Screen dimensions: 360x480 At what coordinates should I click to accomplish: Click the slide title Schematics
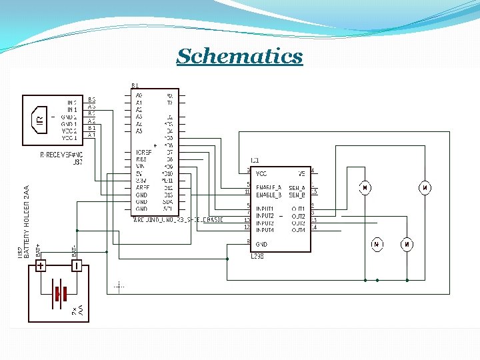coord(239,56)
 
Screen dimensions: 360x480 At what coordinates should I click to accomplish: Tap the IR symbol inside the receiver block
coord(40,120)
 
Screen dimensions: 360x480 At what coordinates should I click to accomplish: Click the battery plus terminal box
coord(41,267)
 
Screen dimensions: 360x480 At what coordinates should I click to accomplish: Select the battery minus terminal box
coord(77,267)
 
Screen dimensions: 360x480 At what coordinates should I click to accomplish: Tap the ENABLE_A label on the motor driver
coord(269,188)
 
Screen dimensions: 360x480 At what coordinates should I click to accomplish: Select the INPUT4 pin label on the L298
coord(265,230)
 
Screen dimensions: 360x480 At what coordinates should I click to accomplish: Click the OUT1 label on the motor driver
coord(298,209)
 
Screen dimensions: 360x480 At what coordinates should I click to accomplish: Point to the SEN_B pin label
coord(297,195)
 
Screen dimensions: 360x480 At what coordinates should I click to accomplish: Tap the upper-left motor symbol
coord(365,188)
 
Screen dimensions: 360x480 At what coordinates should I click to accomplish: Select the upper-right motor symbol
coord(424,188)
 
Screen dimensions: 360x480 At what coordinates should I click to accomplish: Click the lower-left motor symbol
coord(377,245)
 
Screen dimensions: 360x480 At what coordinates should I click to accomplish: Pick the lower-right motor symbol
coord(407,245)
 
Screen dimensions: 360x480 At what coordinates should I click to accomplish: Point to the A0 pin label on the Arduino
coord(139,95)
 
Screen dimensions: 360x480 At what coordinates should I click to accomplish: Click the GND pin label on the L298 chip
coord(262,245)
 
